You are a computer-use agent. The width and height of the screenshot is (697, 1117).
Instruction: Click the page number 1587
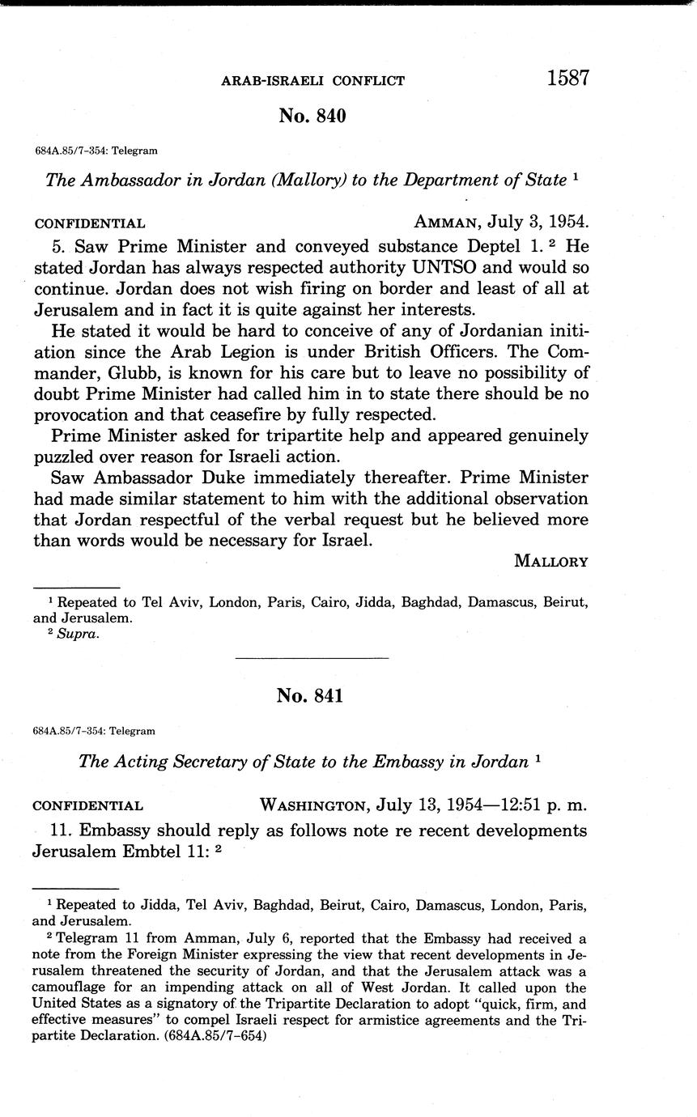pos(567,79)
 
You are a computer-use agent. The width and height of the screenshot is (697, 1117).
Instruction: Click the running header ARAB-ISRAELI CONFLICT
pos(313,81)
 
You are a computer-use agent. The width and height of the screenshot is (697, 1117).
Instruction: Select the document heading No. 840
pos(312,116)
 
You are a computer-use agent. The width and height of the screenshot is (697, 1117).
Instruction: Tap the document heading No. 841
pos(310,695)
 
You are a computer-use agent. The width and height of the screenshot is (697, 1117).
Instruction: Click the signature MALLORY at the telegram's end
pos(551,562)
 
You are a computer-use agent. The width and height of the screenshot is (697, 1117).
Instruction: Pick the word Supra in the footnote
pos(77,634)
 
